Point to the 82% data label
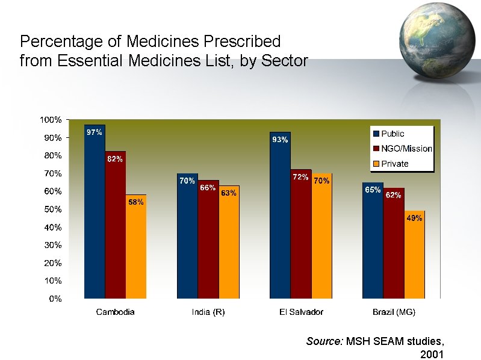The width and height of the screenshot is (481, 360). (115, 159)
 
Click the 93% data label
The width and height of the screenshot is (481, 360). (280, 140)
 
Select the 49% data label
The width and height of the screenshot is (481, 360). (414, 219)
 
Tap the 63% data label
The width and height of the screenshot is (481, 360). (228, 193)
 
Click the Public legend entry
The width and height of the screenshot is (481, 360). (392, 134)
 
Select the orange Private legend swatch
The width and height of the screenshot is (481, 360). (376, 164)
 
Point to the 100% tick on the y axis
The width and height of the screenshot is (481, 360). (51, 120)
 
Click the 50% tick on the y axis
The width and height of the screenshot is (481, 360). (52, 209)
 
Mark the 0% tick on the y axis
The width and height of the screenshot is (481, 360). (55, 299)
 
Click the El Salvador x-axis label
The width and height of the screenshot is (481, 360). (301, 312)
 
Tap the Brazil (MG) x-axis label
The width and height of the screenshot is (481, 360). (394, 312)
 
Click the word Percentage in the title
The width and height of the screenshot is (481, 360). (58, 42)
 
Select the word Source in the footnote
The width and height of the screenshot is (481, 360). (324, 341)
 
